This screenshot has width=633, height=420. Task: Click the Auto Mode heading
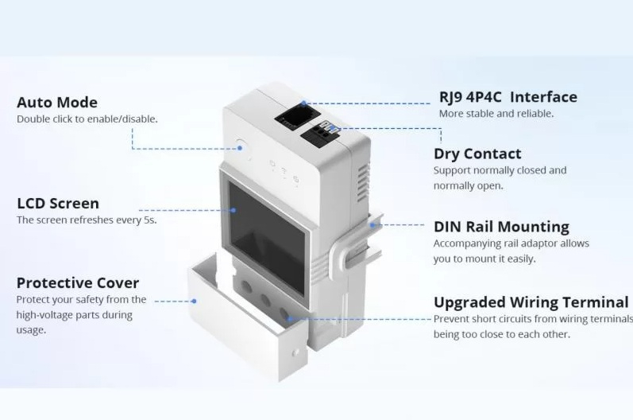tap(57, 103)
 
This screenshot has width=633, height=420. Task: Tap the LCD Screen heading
tap(58, 204)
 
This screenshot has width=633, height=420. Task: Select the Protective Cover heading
tap(78, 283)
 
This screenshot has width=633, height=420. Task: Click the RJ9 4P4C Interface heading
tap(508, 97)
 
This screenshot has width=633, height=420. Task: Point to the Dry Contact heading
tap(477, 154)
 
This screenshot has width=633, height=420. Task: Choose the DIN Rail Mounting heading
tap(501, 227)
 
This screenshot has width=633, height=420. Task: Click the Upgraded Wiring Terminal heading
tap(531, 302)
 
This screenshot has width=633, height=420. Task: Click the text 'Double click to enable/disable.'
tap(87, 119)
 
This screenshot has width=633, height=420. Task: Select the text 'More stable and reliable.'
tap(496, 114)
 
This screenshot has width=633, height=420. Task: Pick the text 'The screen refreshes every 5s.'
tap(87, 220)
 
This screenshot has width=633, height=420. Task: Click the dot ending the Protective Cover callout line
tap(194, 301)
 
